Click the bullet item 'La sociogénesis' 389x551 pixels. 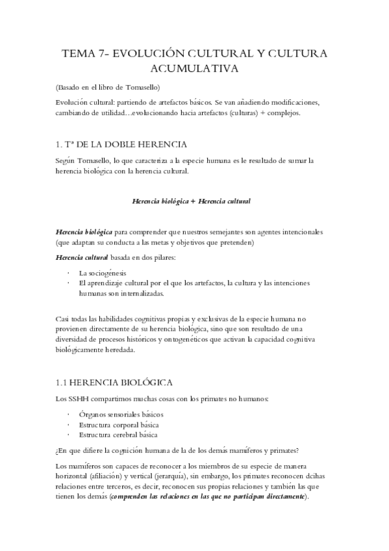pyautogui.click(x=104, y=272)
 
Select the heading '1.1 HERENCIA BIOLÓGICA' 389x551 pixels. pyautogui.click(x=114, y=383)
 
